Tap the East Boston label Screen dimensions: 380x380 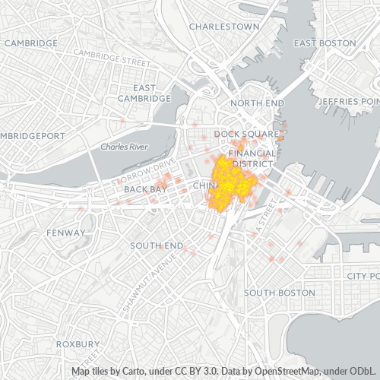pos(325,43)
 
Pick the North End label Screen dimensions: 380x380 pos(257,103)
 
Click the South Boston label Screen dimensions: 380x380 pos(279,293)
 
